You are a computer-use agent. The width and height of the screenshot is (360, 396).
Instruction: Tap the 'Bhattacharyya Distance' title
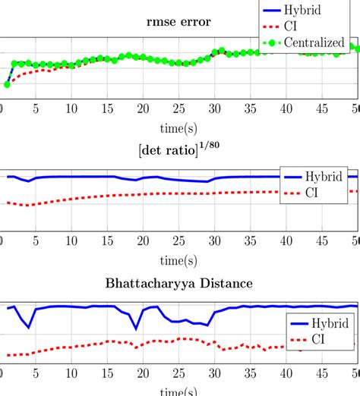(179, 284)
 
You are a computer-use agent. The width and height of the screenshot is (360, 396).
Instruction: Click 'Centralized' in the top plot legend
(314, 43)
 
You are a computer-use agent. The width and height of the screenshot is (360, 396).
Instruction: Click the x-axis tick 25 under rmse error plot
(179, 108)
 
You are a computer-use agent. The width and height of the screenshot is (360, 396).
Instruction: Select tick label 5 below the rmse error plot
(36, 108)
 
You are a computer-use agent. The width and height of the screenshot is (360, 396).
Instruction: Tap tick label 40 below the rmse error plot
(286, 108)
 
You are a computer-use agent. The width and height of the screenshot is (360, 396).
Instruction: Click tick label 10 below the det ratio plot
(71, 241)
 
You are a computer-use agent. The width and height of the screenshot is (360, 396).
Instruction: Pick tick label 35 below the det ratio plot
(251, 241)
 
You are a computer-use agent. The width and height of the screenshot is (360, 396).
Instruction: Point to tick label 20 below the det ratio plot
(143, 241)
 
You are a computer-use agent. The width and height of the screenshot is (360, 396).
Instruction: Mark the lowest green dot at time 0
(7, 84)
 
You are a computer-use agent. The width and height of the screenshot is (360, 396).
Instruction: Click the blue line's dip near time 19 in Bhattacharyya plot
(137, 328)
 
